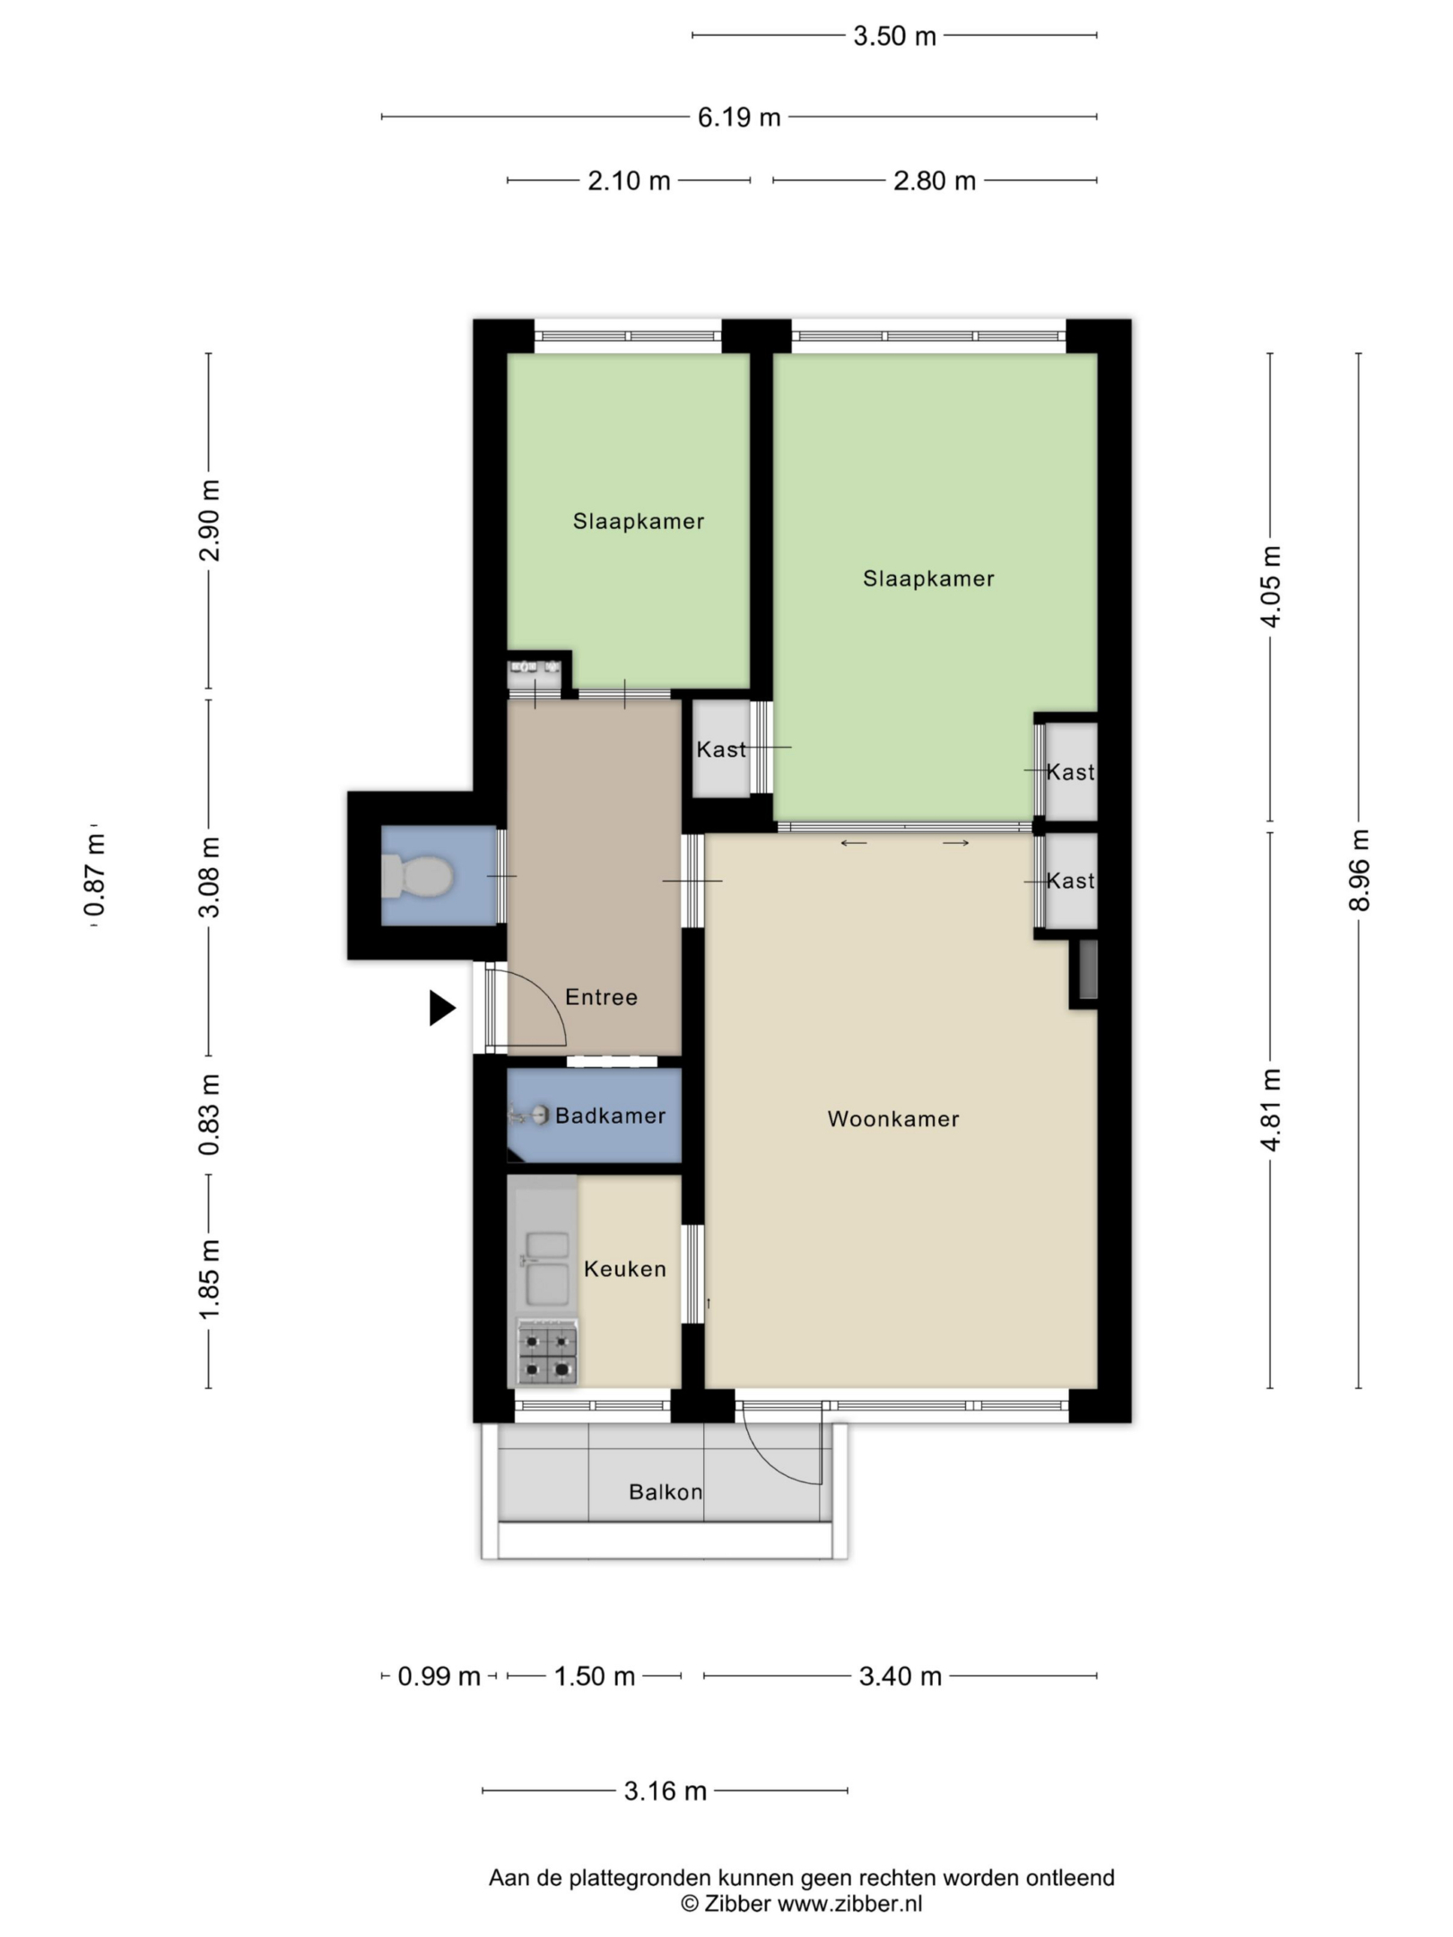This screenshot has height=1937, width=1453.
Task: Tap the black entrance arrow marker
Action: pyautogui.click(x=442, y=1008)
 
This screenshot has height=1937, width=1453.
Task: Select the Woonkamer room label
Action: pyautogui.click(x=893, y=1119)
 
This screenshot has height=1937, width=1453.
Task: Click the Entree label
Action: pyautogui.click(x=601, y=997)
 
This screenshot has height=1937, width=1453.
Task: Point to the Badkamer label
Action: pyautogui.click(x=611, y=1116)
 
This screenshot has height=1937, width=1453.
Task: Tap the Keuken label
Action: pyautogui.click(x=625, y=1269)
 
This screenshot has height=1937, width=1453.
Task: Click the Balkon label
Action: pyautogui.click(x=666, y=1492)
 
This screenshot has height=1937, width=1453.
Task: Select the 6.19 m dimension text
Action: pyautogui.click(x=739, y=117)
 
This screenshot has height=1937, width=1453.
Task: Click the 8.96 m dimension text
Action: pyautogui.click(x=1360, y=870)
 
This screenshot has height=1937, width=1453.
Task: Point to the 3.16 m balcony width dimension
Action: pyautogui.click(x=666, y=1791)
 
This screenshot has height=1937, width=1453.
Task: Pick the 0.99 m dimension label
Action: pyautogui.click(x=439, y=1676)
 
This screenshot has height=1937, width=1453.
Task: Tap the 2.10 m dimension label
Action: pyautogui.click(x=629, y=181)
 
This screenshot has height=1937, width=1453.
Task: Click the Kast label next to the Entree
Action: pyautogui.click(x=721, y=749)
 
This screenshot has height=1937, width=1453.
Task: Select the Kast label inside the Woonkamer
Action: pyautogui.click(x=1071, y=881)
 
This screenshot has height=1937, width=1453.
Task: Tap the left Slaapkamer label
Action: pyautogui.click(x=639, y=521)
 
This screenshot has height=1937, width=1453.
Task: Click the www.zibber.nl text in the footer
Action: pyautogui.click(x=849, y=1904)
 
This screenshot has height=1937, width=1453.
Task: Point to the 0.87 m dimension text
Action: pyautogui.click(x=93, y=875)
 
